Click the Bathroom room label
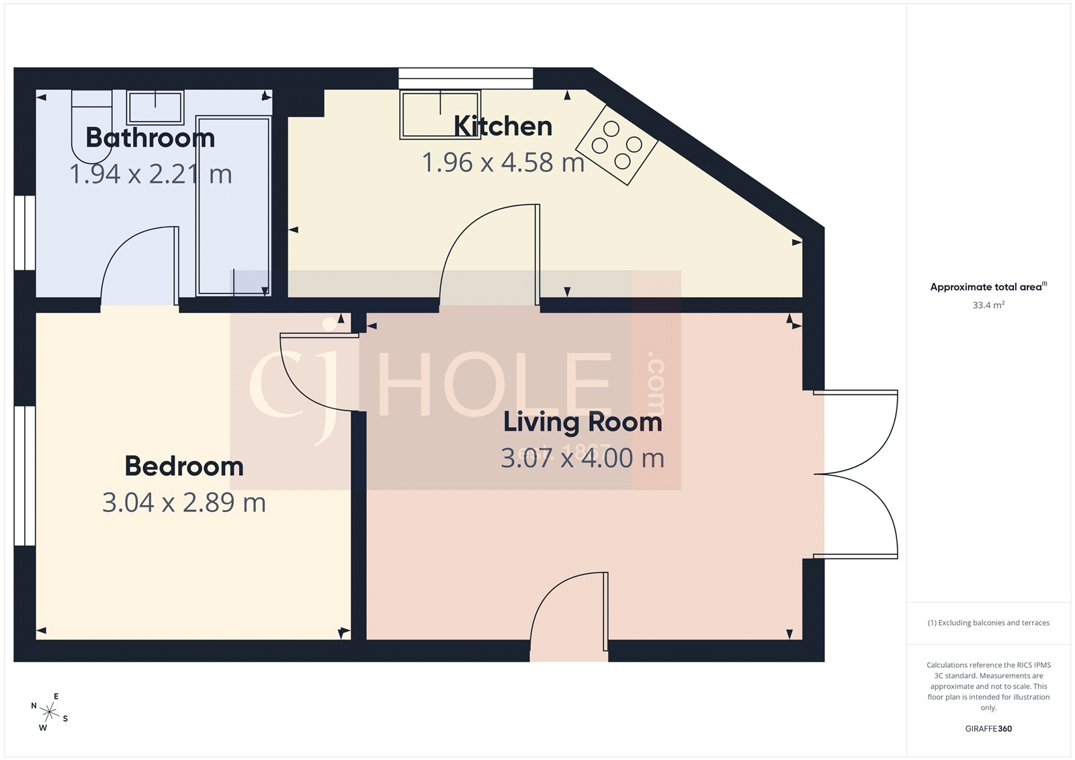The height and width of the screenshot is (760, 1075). point(150,138)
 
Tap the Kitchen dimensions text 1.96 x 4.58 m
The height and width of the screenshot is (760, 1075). point(503,163)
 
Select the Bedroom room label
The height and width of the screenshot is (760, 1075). point(184,466)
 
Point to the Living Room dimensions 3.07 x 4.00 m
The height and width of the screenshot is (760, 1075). point(583,458)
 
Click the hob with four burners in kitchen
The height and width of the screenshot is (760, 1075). point(617,145)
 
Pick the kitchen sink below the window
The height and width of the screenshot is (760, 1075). point(440,114)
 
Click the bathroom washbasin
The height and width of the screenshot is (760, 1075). point(156,108)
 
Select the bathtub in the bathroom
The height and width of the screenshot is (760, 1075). point(233,206)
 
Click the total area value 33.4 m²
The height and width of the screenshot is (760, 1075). point(988,305)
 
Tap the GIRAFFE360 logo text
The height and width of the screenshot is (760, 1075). point(988,728)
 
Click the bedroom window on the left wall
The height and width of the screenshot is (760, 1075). point(25,475)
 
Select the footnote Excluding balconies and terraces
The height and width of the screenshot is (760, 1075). point(988,623)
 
